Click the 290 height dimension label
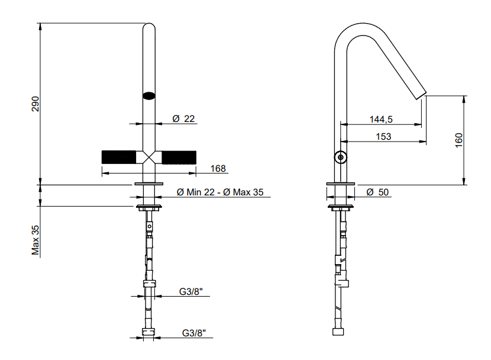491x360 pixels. (35, 104)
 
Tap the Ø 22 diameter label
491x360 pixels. (183, 119)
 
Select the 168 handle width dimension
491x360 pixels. (218, 169)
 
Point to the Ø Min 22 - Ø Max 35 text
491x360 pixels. (220, 192)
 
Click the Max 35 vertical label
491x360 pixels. (35, 240)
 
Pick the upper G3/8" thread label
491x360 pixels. (190, 291)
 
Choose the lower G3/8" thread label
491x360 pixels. (194, 333)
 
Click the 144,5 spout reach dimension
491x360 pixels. (381, 120)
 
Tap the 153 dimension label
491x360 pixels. (383, 137)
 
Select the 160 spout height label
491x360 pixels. (458, 140)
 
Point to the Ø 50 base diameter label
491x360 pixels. (377, 192)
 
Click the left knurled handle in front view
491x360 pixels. (119, 157)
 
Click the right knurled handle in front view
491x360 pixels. (179, 157)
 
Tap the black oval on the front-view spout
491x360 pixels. (149, 95)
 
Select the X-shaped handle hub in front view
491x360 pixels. (149, 157)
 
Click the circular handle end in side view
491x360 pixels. (340, 157)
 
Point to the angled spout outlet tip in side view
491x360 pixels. (421, 96)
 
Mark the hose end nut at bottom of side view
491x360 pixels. (338, 332)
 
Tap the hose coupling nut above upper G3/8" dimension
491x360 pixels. (149, 284)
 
